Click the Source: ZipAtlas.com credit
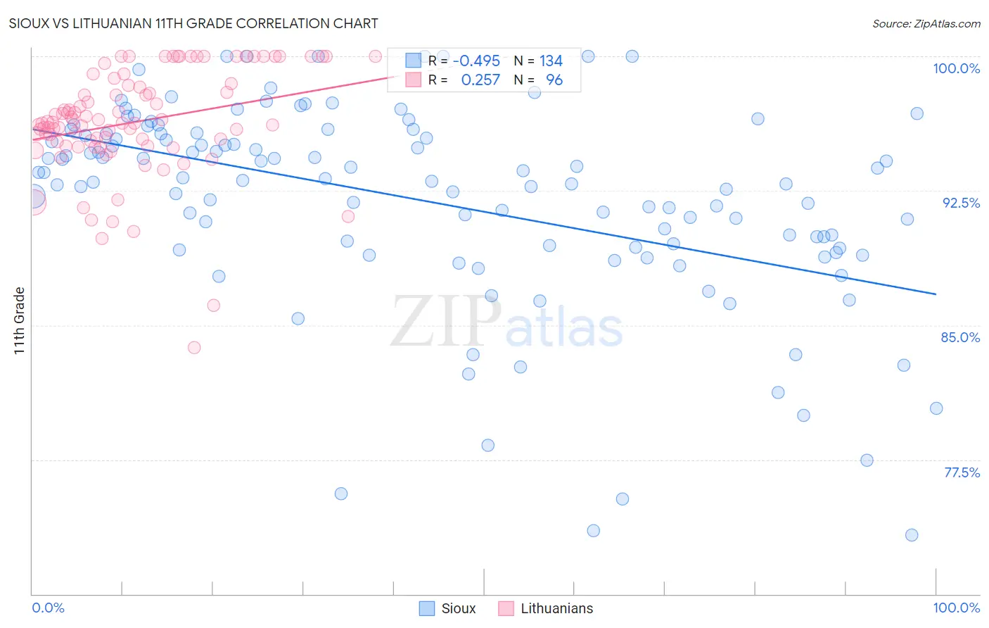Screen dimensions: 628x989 926,23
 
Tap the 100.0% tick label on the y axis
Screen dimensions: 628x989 956,68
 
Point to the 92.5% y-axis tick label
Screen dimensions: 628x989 961,203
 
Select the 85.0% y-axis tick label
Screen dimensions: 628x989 960,337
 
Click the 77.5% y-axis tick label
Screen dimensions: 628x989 962,472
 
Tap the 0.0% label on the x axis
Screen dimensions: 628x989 48,608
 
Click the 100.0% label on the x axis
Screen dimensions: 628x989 956,608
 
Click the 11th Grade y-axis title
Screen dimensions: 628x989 20,320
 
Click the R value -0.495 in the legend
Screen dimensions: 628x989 476,61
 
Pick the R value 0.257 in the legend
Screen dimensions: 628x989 480,80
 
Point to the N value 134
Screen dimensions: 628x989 551,61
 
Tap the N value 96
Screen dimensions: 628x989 554,80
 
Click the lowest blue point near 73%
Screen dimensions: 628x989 912,535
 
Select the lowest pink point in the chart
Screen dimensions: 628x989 194,348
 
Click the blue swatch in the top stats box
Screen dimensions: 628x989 413,61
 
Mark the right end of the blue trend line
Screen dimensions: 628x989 936,294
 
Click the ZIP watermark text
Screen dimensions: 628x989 445,322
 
